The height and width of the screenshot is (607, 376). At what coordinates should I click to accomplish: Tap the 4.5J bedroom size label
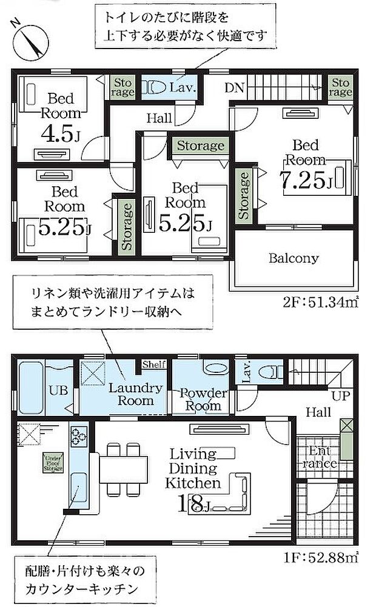(61, 133)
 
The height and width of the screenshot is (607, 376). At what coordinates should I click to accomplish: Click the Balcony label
(294, 258)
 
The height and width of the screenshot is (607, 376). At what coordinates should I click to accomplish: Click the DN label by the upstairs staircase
(235, 88)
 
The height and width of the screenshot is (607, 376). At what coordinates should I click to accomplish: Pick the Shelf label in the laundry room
(153, 364)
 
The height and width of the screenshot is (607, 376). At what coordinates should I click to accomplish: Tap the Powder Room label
(203, 399)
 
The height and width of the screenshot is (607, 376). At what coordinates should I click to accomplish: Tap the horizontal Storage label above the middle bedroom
(200, 146)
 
